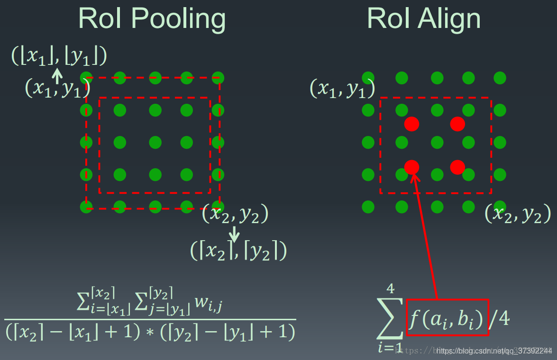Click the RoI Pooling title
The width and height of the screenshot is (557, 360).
coord(152,19)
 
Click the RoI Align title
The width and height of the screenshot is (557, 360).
coord(424,19)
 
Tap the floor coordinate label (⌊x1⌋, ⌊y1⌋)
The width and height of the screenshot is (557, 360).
coord(59,56)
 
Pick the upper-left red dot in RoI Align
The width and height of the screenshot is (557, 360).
coord(411,124)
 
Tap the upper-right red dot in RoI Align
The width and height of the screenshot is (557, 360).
coord(457,124)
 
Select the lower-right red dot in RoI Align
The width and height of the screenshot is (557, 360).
coord(457,167)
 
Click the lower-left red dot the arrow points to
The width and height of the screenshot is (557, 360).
coord(411,167)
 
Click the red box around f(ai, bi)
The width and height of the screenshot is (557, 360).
coord(447,317)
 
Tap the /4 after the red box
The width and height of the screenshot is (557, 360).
coord(499,319)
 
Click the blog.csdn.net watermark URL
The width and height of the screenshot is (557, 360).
coord(494,351)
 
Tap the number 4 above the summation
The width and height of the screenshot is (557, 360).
coord(391,288)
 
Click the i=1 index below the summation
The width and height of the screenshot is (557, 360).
coord(390,348)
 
